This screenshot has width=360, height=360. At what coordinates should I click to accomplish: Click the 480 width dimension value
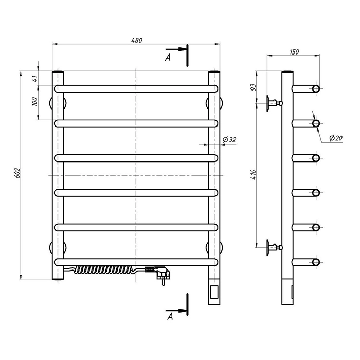(x=137, y=40)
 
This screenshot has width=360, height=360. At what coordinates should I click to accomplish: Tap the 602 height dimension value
(x=17, y=173)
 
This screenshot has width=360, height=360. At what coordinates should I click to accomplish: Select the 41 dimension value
(x=35, y=79)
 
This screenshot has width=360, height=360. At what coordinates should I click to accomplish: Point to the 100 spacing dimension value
(x=34, y=101)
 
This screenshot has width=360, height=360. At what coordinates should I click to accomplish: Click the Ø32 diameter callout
(x=229, y=139)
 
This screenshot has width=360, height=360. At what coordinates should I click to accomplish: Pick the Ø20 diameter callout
(x=336, y=138)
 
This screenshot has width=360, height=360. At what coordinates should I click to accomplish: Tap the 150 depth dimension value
(x=294, y=52)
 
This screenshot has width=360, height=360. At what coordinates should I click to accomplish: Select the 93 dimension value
(x=253, y=87)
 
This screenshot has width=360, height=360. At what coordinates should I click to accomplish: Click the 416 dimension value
(x=253, y=175)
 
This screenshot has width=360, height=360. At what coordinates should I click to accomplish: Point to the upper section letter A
(x=168, y=58)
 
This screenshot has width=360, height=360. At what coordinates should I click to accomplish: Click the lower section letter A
(x=170, y=317)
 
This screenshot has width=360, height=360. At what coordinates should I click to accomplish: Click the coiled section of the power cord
(x=103, y=269)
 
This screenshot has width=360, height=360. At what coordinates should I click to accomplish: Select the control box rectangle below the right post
(x=214, y=292)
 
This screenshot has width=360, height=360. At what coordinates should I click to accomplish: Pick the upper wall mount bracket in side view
(x=274, y=103)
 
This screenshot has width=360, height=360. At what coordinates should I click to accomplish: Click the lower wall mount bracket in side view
(x=274, y=247)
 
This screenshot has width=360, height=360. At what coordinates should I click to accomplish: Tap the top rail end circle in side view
(x=316, y=88)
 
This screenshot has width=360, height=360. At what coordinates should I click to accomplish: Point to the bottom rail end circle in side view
(x=316, y=262)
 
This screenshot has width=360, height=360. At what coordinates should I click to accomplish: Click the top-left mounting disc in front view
(x=51, y=103)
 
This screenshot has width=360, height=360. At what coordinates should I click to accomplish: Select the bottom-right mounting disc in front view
(x=221, y=248)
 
